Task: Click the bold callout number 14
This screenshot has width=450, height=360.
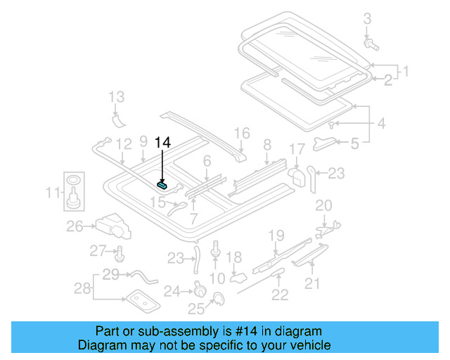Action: (162, 143)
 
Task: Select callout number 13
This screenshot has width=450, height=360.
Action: (116, 97)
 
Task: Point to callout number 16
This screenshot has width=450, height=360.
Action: (242, 133)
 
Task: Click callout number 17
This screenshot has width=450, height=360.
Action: (297, 149)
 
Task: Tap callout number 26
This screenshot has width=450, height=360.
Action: (75, 226)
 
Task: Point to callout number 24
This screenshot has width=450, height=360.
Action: (172, 290)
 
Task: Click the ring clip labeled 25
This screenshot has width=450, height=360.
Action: (217, 301)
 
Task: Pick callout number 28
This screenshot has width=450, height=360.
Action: (83, 288)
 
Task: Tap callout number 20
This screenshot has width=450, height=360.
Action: (323, 205)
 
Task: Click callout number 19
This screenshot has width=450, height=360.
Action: (276, 235)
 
